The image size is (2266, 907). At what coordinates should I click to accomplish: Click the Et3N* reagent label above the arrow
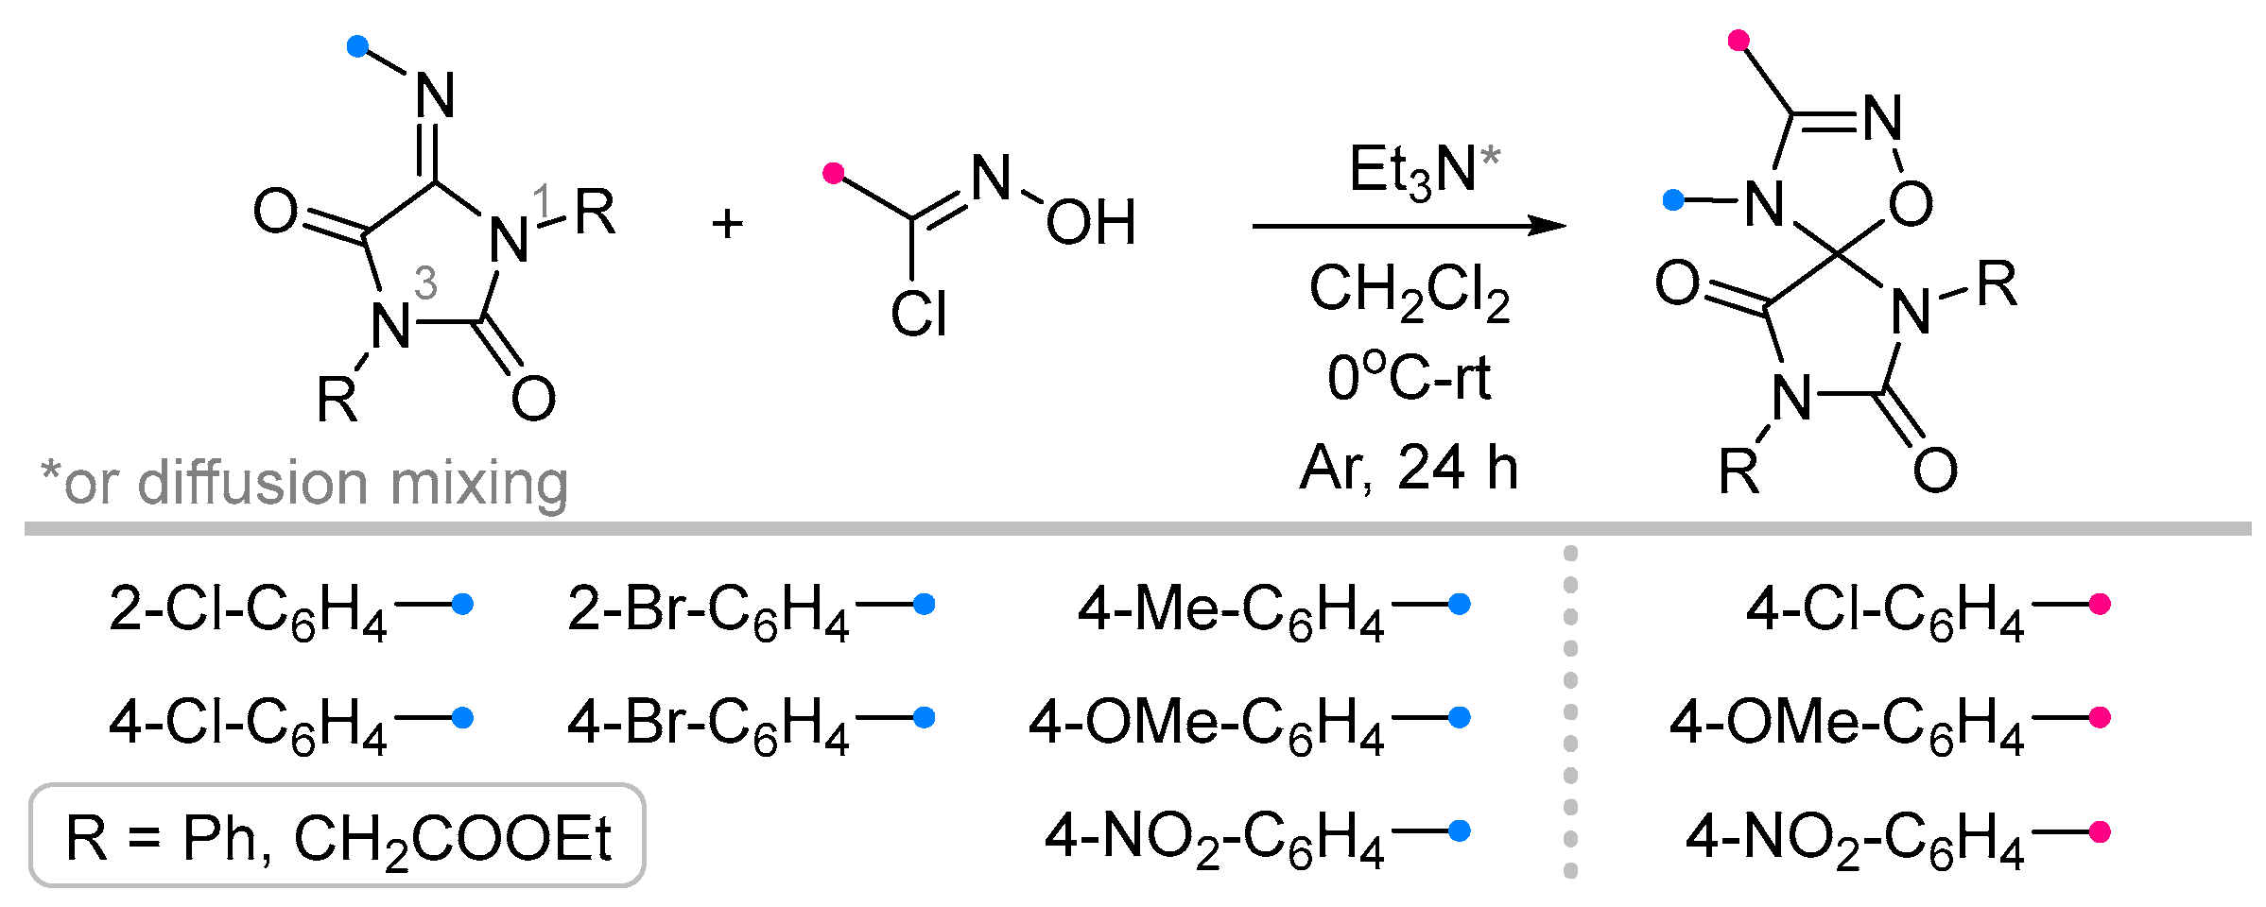pos(1423,171)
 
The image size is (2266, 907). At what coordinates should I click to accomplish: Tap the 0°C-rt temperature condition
pos(1409,378)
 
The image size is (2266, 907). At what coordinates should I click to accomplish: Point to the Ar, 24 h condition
pos(1409,468)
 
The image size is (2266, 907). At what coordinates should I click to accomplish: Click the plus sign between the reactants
pos(727,225)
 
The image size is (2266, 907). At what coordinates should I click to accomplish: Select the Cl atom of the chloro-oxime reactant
pos(918,314)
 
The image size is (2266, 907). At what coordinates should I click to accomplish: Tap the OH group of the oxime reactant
pos(1091,224)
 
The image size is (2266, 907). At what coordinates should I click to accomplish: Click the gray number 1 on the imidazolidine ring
pos(542,199)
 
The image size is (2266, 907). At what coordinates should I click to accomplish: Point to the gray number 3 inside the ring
pos(425,283)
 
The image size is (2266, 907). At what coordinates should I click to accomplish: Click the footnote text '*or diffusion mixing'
pos(304,483)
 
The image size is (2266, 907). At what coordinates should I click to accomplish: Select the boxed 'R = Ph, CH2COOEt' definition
pos(337,837)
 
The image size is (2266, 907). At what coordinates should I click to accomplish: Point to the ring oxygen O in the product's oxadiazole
pos(1911,204)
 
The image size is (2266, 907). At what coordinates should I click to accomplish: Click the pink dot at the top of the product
pos(1738,40)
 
